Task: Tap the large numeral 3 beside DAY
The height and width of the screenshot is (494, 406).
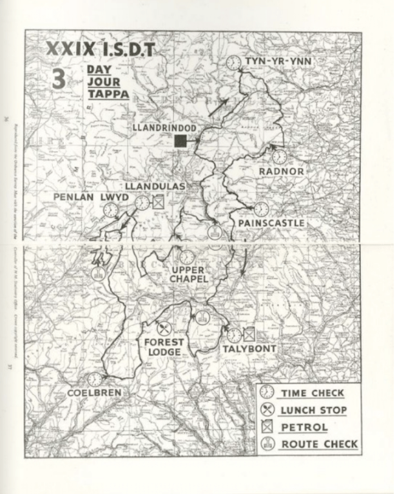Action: point(59,79)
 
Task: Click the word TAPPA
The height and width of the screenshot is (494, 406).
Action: point(109,94)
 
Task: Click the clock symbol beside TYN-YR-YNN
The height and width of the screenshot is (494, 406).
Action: point(233,62)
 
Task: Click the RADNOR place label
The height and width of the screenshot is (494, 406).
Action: point(281,171)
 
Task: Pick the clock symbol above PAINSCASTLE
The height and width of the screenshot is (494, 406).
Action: point(261,209)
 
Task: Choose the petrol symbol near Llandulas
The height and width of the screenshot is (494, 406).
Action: point(158,203)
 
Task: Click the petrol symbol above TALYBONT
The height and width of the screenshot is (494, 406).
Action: point(249,334)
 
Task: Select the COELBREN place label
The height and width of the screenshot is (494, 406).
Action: point(95,393)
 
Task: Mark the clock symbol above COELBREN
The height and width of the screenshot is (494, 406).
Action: point(95,379)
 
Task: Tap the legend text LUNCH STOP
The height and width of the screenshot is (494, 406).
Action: point(313,410)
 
